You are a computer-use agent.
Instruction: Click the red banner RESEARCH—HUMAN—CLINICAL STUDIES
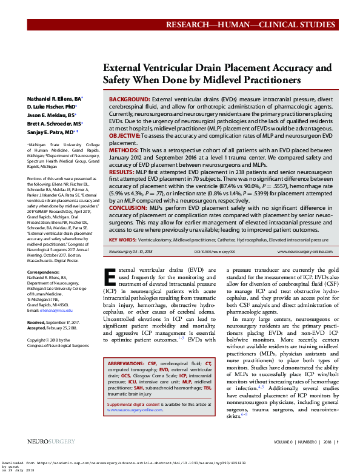[x=260, y=25]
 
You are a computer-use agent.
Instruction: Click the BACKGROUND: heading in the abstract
[x=129, y=98]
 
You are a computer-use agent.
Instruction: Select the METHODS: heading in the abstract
[x=124, y=149]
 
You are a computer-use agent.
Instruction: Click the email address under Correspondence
[x=55, y=311]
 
